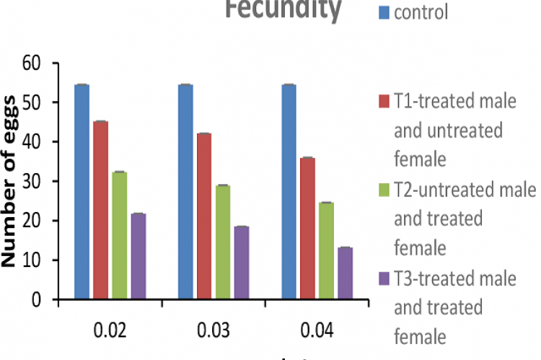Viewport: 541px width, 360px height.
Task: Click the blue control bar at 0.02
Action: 82,191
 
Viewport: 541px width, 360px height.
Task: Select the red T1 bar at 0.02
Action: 100,209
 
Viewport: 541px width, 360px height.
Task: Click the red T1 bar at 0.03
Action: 204,216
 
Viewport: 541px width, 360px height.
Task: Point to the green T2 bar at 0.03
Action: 223,242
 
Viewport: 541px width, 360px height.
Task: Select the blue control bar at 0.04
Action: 289,191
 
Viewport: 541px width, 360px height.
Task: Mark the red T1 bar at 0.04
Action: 307,227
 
